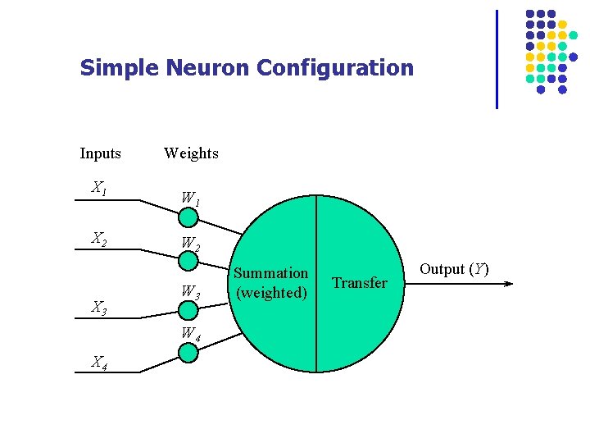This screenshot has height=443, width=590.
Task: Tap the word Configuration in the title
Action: pyautogui.click(x=335, y=68)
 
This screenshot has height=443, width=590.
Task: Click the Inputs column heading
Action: pyautogui.click(x=100, y=153)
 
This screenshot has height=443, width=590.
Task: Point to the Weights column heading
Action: pyautogui.click(x=191, y=153)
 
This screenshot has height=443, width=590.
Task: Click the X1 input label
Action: pyautogui.click(x=99, y=189)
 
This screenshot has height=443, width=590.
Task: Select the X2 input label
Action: pyautogui.click(x=99, y=240)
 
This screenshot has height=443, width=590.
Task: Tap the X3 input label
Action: pyautogui.click(x=99, y=308)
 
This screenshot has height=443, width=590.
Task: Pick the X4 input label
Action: pyautogui.click(x=99, y=362)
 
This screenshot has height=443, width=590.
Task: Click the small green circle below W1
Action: pyautogui.click(x=188, y=217)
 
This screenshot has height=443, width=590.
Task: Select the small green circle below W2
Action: pyautogui.click(x=188, y=261)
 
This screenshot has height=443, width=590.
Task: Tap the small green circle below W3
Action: pyautogui.click(x=188, y=310)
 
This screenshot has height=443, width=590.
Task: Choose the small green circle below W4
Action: pyautogui.click(x=188, y=353)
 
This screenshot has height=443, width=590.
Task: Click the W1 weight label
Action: pyautogui.click(x=190, y=199)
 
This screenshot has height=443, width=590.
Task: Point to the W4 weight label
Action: pyautogui.click(x=190, y=335)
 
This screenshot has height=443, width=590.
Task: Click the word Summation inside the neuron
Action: pyautogui.click(x=271, y=273)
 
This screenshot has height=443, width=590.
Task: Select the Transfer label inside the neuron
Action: pyautogui.click(x=360, y=283)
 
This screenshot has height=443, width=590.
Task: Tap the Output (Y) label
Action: pyautogui.click(x=454, y=269)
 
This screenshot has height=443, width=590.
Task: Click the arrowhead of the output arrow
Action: pyautogui.click(x=509, y=284)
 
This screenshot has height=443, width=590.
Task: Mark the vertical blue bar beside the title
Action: pyautogui.click(x=497, y=59)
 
